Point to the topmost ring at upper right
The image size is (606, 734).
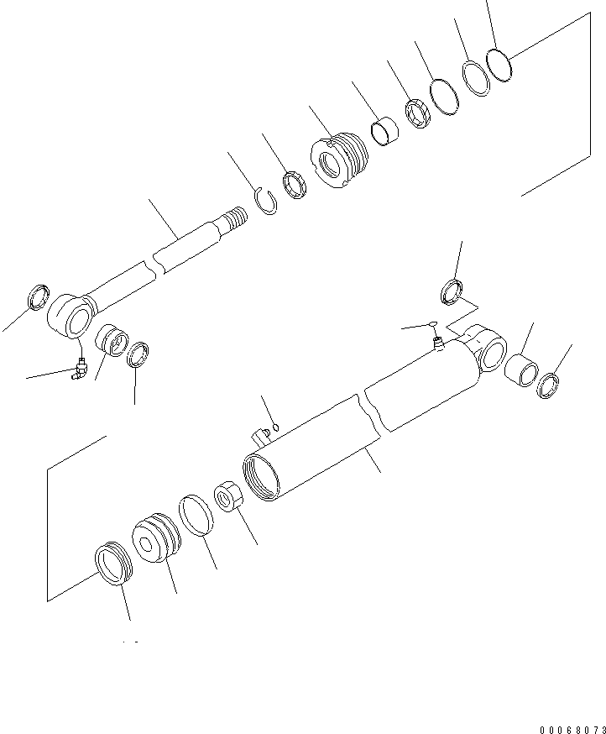click(500, 64)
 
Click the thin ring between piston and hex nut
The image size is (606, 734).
click(196, 514)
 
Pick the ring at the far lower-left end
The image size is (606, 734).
click(112, 562)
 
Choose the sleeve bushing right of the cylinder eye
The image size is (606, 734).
click(522, 370)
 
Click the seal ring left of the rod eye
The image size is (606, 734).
click(39, 296)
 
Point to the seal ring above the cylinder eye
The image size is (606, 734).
click(452, 291)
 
